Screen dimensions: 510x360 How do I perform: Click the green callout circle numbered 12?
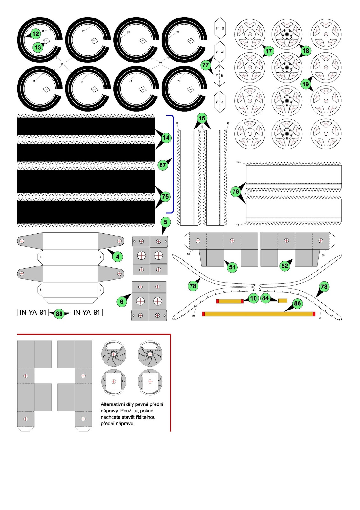click(35, 34)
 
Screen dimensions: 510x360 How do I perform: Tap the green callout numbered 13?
click(38, 47)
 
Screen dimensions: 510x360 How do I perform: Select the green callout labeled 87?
click(163, 165)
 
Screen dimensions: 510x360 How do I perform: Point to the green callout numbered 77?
click(205, 65)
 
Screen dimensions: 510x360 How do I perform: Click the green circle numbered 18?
click(306, 50)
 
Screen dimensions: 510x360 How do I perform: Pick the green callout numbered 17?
click(269, 51)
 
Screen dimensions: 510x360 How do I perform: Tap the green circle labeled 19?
click(306, 84)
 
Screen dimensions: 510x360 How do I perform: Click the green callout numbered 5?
click(165, 222)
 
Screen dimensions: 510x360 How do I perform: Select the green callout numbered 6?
click(122, 302)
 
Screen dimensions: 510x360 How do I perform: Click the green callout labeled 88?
click(59, 314)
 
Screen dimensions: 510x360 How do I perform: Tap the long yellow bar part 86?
click(258, 314)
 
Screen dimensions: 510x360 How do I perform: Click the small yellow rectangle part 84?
click(283, 301)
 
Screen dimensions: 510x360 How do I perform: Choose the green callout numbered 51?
click(232, 267)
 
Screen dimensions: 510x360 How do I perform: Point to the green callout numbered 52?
click(284, 266)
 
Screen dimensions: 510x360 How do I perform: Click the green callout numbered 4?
click(118, 257)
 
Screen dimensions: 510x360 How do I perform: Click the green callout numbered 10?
click(253, 298)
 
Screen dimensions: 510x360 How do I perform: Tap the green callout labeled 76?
click(235, 192)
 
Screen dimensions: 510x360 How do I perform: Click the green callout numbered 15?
click(202, 118)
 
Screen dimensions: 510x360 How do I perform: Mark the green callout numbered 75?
click(165, 196)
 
